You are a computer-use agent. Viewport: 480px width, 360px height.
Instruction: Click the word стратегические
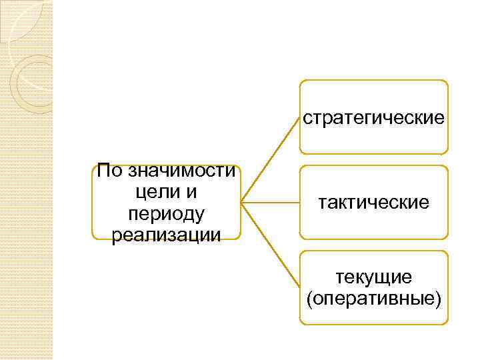coord(373,118)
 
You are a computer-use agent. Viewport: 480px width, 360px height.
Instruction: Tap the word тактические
coord(373,202)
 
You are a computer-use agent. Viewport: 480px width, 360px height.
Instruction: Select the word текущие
coord(373,276)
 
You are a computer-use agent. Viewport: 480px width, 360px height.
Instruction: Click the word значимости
coord(180,171)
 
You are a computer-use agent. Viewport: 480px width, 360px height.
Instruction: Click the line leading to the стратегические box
coord(270,159)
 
